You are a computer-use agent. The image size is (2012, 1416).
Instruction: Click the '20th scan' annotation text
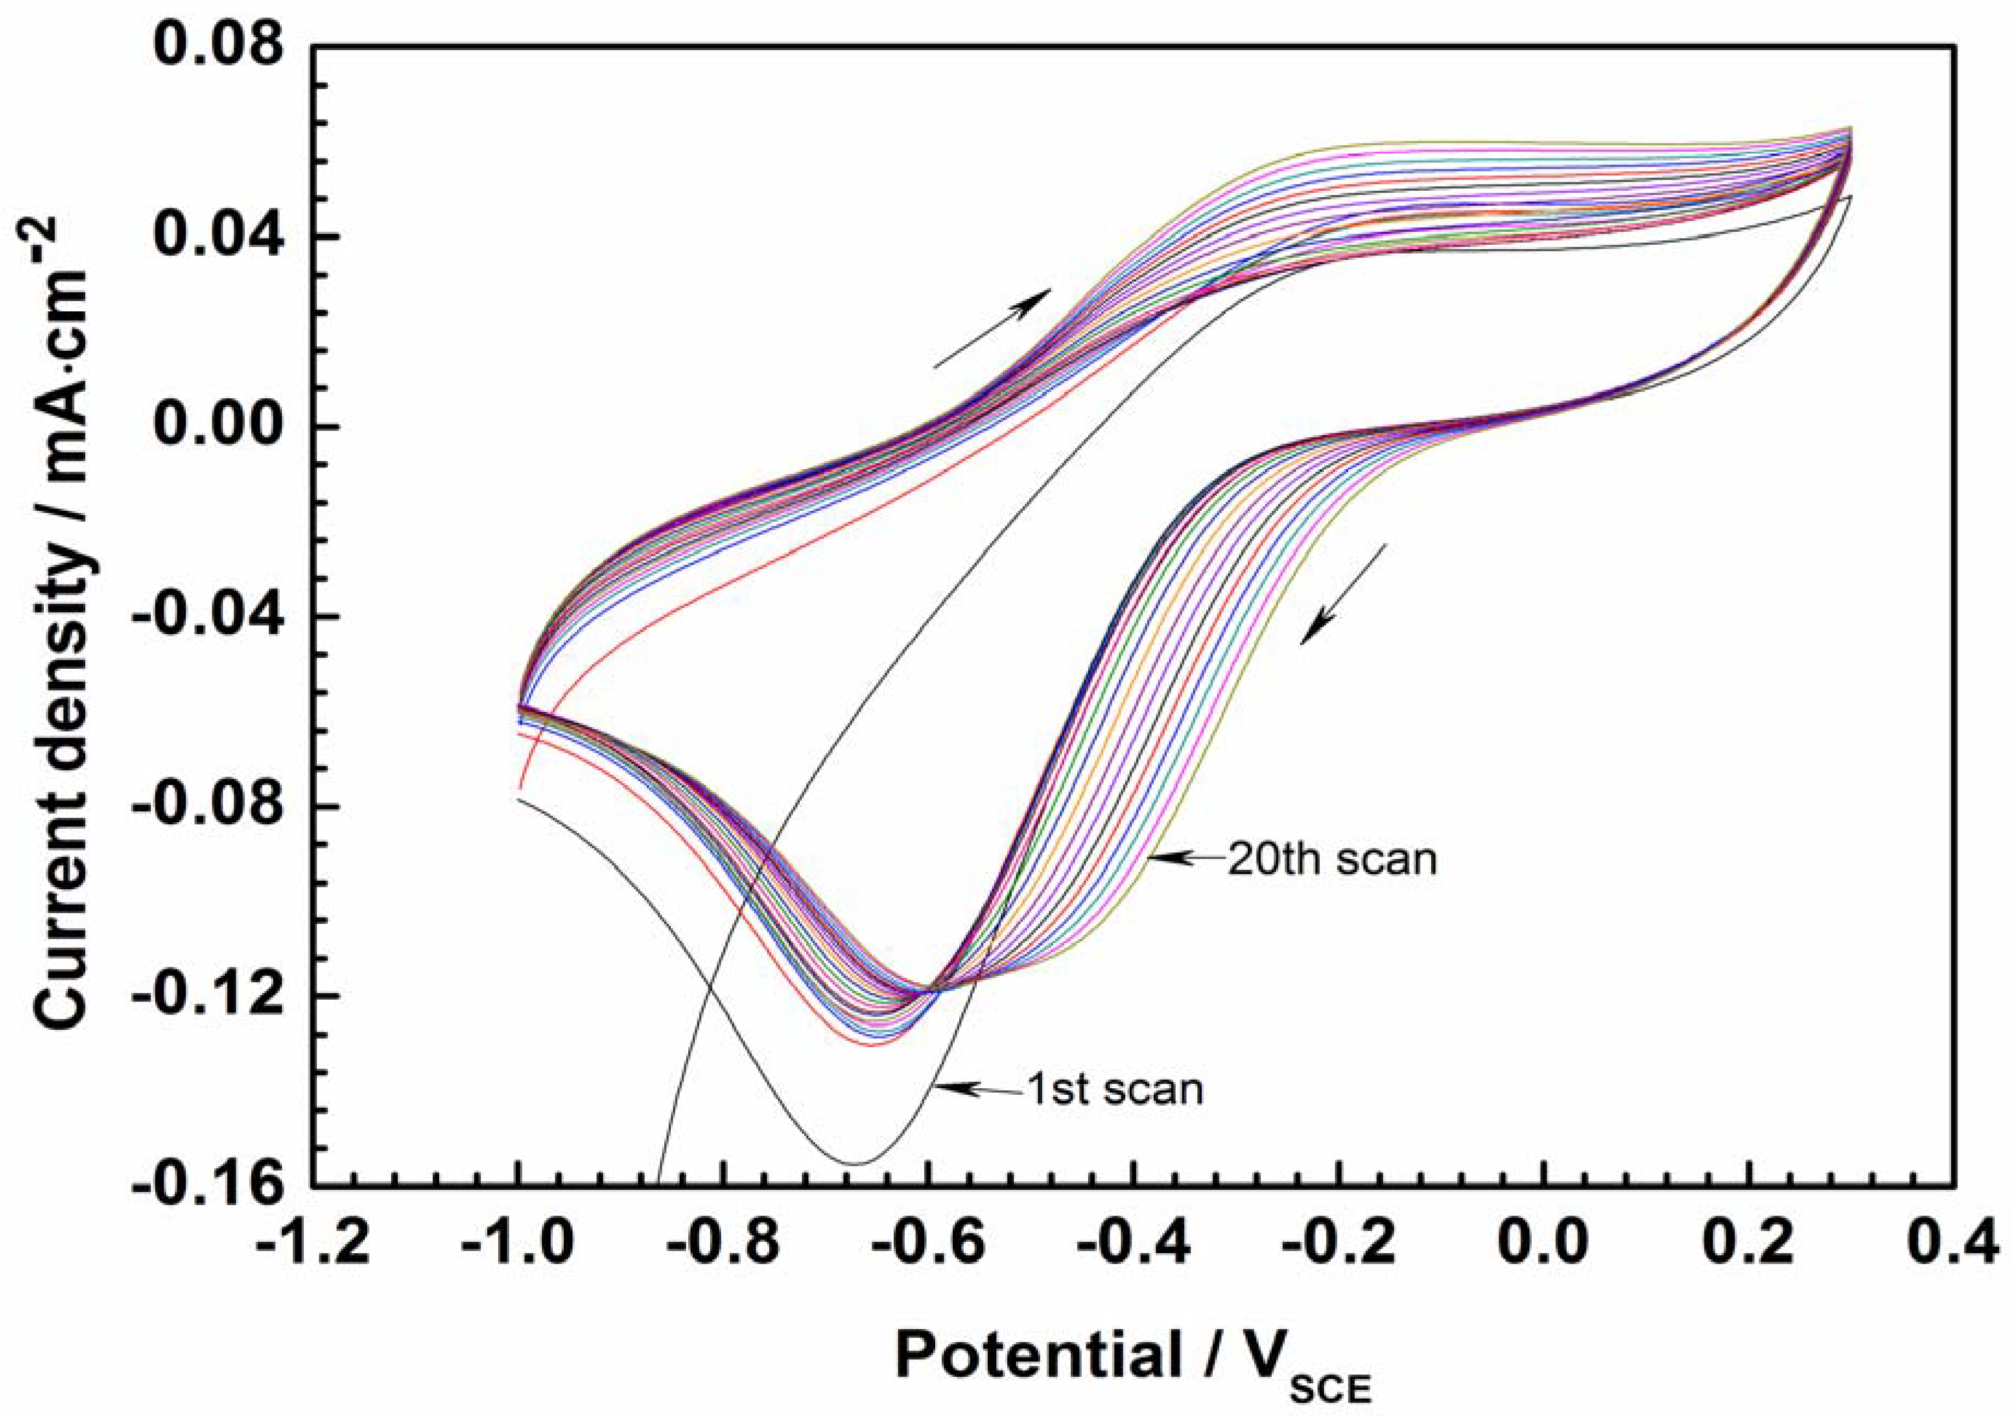[x=1332, y=859]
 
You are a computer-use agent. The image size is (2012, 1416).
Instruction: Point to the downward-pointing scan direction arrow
[x=1342, y=594]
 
